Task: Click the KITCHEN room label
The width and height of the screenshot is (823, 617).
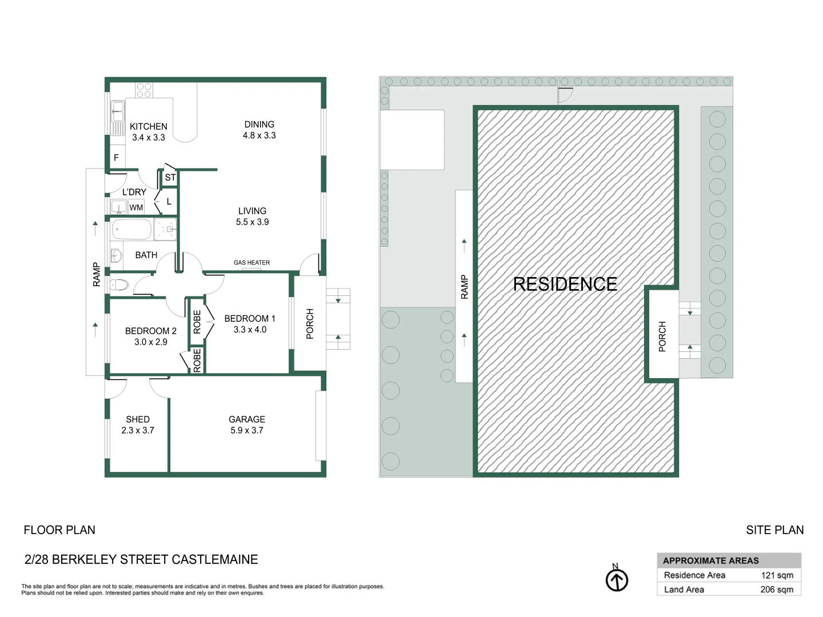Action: click(x=148, y=126)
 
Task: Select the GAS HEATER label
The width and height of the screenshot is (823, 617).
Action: click(x=251, y=263)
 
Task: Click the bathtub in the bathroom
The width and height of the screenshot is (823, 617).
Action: click(x=131, y=230)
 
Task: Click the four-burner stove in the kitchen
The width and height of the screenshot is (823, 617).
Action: click(x=144, y=90)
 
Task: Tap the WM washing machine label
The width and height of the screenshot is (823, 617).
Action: click(x=136, y=207)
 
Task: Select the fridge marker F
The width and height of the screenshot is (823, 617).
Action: click(x=116, y=158)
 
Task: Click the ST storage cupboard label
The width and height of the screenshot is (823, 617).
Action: click(x=170, y=178)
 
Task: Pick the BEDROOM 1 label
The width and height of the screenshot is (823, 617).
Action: click(x=250, y=318)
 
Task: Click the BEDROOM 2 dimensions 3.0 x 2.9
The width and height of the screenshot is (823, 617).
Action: click(x=151, y=342)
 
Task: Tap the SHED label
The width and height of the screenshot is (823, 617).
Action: click(x=138, y=419)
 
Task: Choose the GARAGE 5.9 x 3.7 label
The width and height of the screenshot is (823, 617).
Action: click(x=247, y=424)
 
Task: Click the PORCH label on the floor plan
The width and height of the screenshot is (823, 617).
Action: click(x=310, y=324)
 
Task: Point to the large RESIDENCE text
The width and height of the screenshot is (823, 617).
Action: click(x=565, y=284)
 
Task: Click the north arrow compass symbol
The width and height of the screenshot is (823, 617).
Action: click(x=617, y=580)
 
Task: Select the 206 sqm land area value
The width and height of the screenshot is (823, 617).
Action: click(x=777, y=590)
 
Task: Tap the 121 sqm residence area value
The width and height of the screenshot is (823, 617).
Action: click(x=777, y=575)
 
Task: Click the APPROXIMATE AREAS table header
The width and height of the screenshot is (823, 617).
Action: click(x=710, y=560)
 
